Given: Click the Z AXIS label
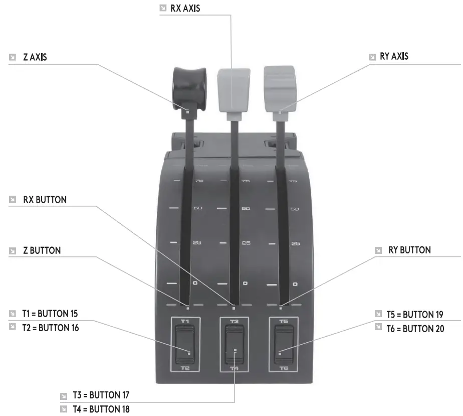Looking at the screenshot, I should pos(35,57).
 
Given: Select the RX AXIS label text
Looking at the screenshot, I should pos(185,8).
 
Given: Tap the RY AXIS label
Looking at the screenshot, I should pos(394,57).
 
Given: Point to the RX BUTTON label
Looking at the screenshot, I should pos(45,200).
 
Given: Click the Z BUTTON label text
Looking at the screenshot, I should pos(42,250).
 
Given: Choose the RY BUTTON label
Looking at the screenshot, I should pos(409,250).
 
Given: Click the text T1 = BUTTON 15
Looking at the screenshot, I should pos(50,314).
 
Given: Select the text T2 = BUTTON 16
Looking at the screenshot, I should pos(51,328).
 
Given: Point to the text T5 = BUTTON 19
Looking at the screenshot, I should pos(415,315).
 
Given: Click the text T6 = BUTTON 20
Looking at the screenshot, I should pos(415,329).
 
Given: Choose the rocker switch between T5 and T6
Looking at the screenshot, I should pos(283,344).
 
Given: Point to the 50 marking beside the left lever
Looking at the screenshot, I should pos(197,208).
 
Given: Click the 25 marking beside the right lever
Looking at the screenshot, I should pos(295,244).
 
